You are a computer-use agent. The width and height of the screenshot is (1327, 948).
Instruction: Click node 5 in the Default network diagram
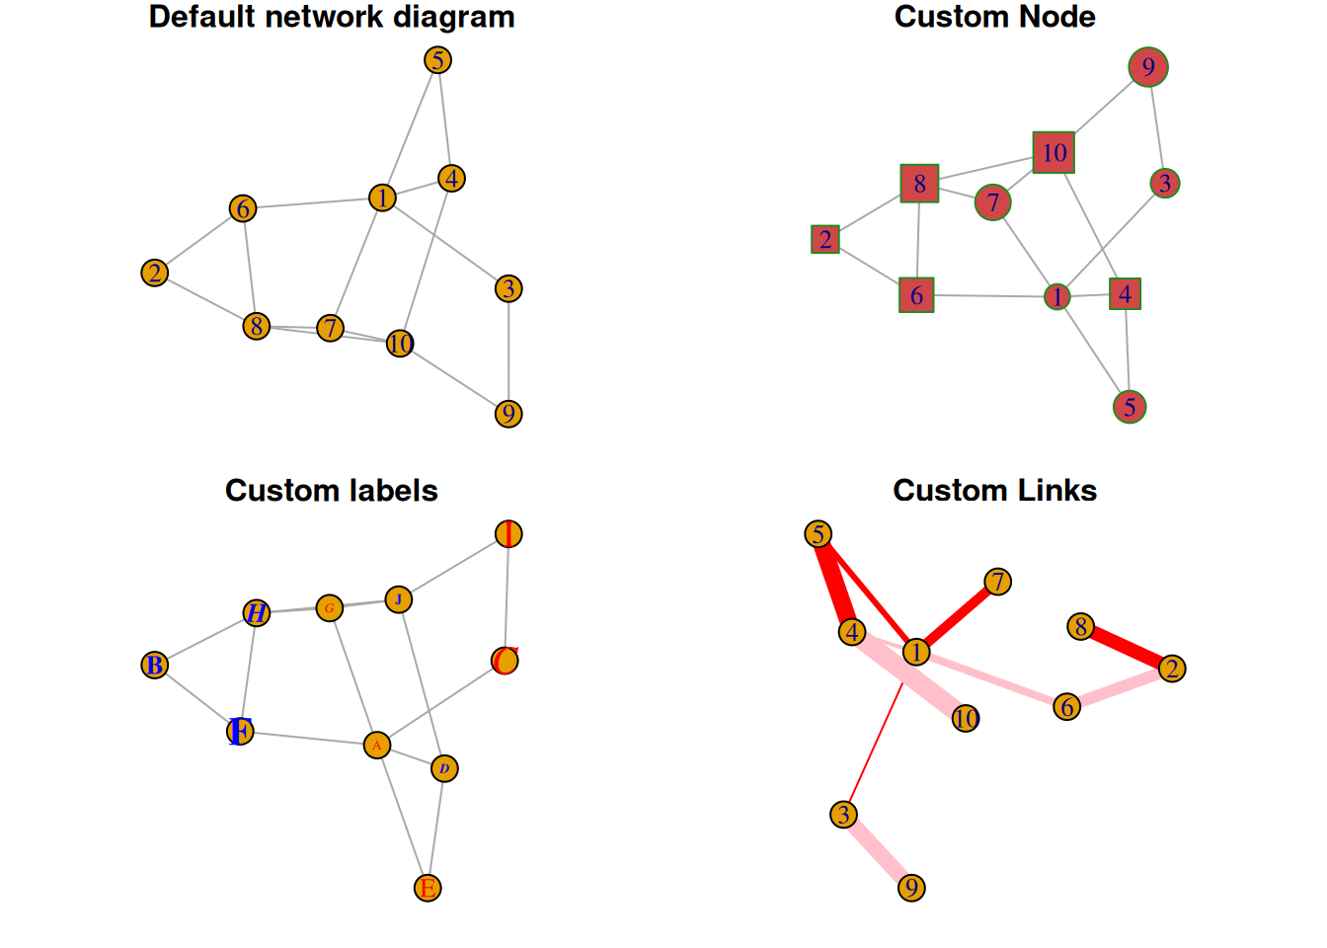[x=437, y=60]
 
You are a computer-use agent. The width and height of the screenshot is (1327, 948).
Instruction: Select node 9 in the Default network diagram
[x=508, y=414]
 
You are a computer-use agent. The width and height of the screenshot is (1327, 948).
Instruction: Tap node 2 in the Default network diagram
[x=155, y=273]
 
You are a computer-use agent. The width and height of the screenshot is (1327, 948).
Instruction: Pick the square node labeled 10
[x=1054, y=152]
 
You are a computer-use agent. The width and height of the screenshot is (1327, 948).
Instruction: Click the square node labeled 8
[x=919, y=184]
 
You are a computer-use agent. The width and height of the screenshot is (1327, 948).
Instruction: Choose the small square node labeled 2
[x=825, y=239]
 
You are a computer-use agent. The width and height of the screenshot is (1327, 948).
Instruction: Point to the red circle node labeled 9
[x=1148, y=67]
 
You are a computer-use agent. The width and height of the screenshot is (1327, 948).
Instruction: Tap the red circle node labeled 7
[x=993, y=202]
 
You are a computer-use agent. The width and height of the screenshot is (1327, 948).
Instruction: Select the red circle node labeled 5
[x=1130, y=407]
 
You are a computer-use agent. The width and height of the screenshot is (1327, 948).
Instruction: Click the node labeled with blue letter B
[x=155, y=666]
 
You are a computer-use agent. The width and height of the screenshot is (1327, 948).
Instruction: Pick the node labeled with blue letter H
[x=257, y=613]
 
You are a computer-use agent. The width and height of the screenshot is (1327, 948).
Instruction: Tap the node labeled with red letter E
[x=428, y=888]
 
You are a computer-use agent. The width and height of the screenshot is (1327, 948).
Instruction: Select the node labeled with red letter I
[x=508, y=534]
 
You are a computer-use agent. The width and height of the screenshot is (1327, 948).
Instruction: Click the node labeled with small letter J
[x=398, y=599]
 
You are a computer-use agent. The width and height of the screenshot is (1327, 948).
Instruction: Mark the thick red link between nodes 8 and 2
[x=1127, y=648]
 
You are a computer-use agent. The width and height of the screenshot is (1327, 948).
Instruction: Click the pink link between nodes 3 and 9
[x=878, y=851]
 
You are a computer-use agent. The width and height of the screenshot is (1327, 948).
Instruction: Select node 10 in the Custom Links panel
[x=966, y=719]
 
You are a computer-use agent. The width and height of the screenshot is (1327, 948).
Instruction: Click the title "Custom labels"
[x=331, y=491]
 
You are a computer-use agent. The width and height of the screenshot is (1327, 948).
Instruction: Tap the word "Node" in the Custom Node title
[x=1059, y=17]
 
